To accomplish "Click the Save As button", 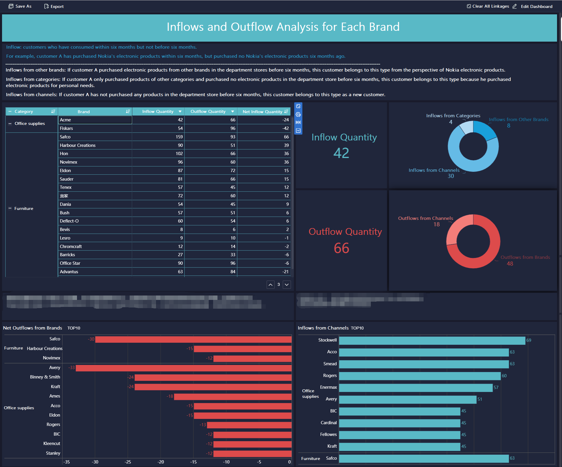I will click(20, 6).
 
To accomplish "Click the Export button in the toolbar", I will click(54, 6).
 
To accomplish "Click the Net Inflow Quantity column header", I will click(262, 112).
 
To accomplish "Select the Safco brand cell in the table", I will click(65, 137).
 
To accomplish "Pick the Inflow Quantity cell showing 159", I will click(179, 137).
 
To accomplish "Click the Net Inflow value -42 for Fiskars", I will click(285, 128).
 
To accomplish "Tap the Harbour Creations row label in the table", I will click(78, 145).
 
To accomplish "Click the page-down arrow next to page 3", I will click(287, 285).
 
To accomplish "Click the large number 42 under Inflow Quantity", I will click(341, 153).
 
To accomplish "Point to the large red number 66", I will click(341, 248).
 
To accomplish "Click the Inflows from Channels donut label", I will click(434, 170).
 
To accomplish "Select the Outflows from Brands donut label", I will click(525, 257).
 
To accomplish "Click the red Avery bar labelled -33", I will click(184, 368).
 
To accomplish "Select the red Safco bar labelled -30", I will click(193, 339).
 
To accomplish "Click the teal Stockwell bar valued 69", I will click(432, 340).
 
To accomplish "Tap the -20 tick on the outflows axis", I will click(160, 462).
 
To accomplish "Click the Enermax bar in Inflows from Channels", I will click(416, 388).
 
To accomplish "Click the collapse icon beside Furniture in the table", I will click(10, 208).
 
